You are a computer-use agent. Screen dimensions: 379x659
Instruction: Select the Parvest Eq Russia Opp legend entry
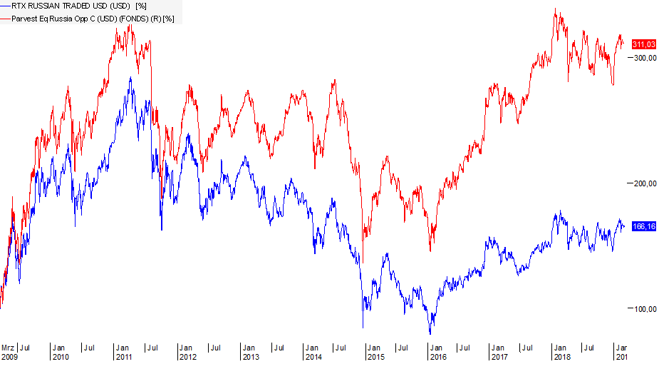tap(90, 18)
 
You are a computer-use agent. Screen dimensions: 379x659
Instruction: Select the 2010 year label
tap(61, 357)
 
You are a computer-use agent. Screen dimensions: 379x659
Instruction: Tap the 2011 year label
tap(124, 357)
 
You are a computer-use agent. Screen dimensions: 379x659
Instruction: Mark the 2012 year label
tap(187, 357)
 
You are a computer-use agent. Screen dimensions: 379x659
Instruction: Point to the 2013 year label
tap(250, 357)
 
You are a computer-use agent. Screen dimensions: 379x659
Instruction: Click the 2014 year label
tap(313, 357)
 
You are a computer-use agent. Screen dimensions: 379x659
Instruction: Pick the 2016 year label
tap(438, 357)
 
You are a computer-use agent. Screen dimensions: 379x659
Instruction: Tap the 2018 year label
tap(564, 357)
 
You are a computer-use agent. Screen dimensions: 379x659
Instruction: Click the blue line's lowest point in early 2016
tap(430, 333)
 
